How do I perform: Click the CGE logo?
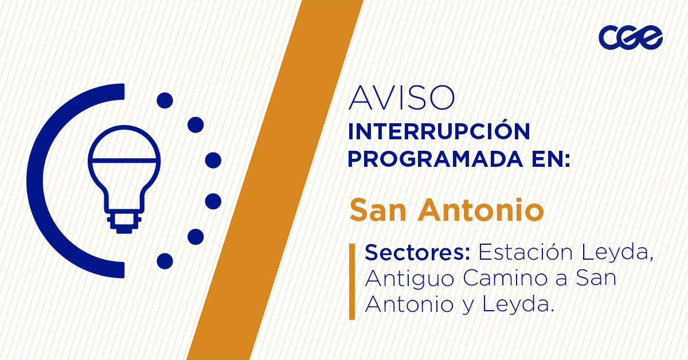pyautogui.click(x=631, y=38)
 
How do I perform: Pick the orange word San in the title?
pyautogui.click(x=378, y=210)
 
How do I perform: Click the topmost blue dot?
pyautogui.click(x=165, y=101)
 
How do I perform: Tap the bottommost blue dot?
pyautogui.click(x=165, y=261)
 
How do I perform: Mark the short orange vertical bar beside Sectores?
pyautogui.click(x=352, y=281)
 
